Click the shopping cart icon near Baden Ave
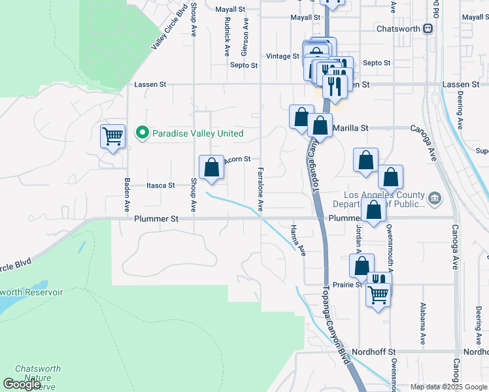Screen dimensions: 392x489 tap(112, 137)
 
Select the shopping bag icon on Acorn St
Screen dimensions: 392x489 tap(211, 167)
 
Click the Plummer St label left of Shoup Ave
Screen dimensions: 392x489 tap(156, 220)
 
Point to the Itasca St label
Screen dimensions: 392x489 tap(160, 186)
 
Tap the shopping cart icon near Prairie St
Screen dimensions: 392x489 tap(379, 295)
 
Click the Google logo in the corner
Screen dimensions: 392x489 tap(22, 384)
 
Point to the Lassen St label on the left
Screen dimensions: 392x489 tap(150, 85)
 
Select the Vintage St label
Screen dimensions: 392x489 tap(282, 56)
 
